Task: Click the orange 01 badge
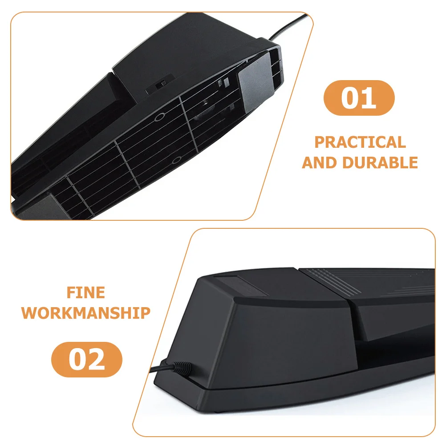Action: [x=359, y=98]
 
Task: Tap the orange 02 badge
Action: [x=87, y=360]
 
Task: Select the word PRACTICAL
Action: [x=360, y=142]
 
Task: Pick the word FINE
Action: [x=86, y=293]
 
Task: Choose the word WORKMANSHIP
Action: [x=86, y=313]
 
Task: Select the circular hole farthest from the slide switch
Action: [x=177, y=159]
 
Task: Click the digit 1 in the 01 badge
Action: [x=369, y=98]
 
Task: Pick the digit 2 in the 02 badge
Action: [x=97, y=360]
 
